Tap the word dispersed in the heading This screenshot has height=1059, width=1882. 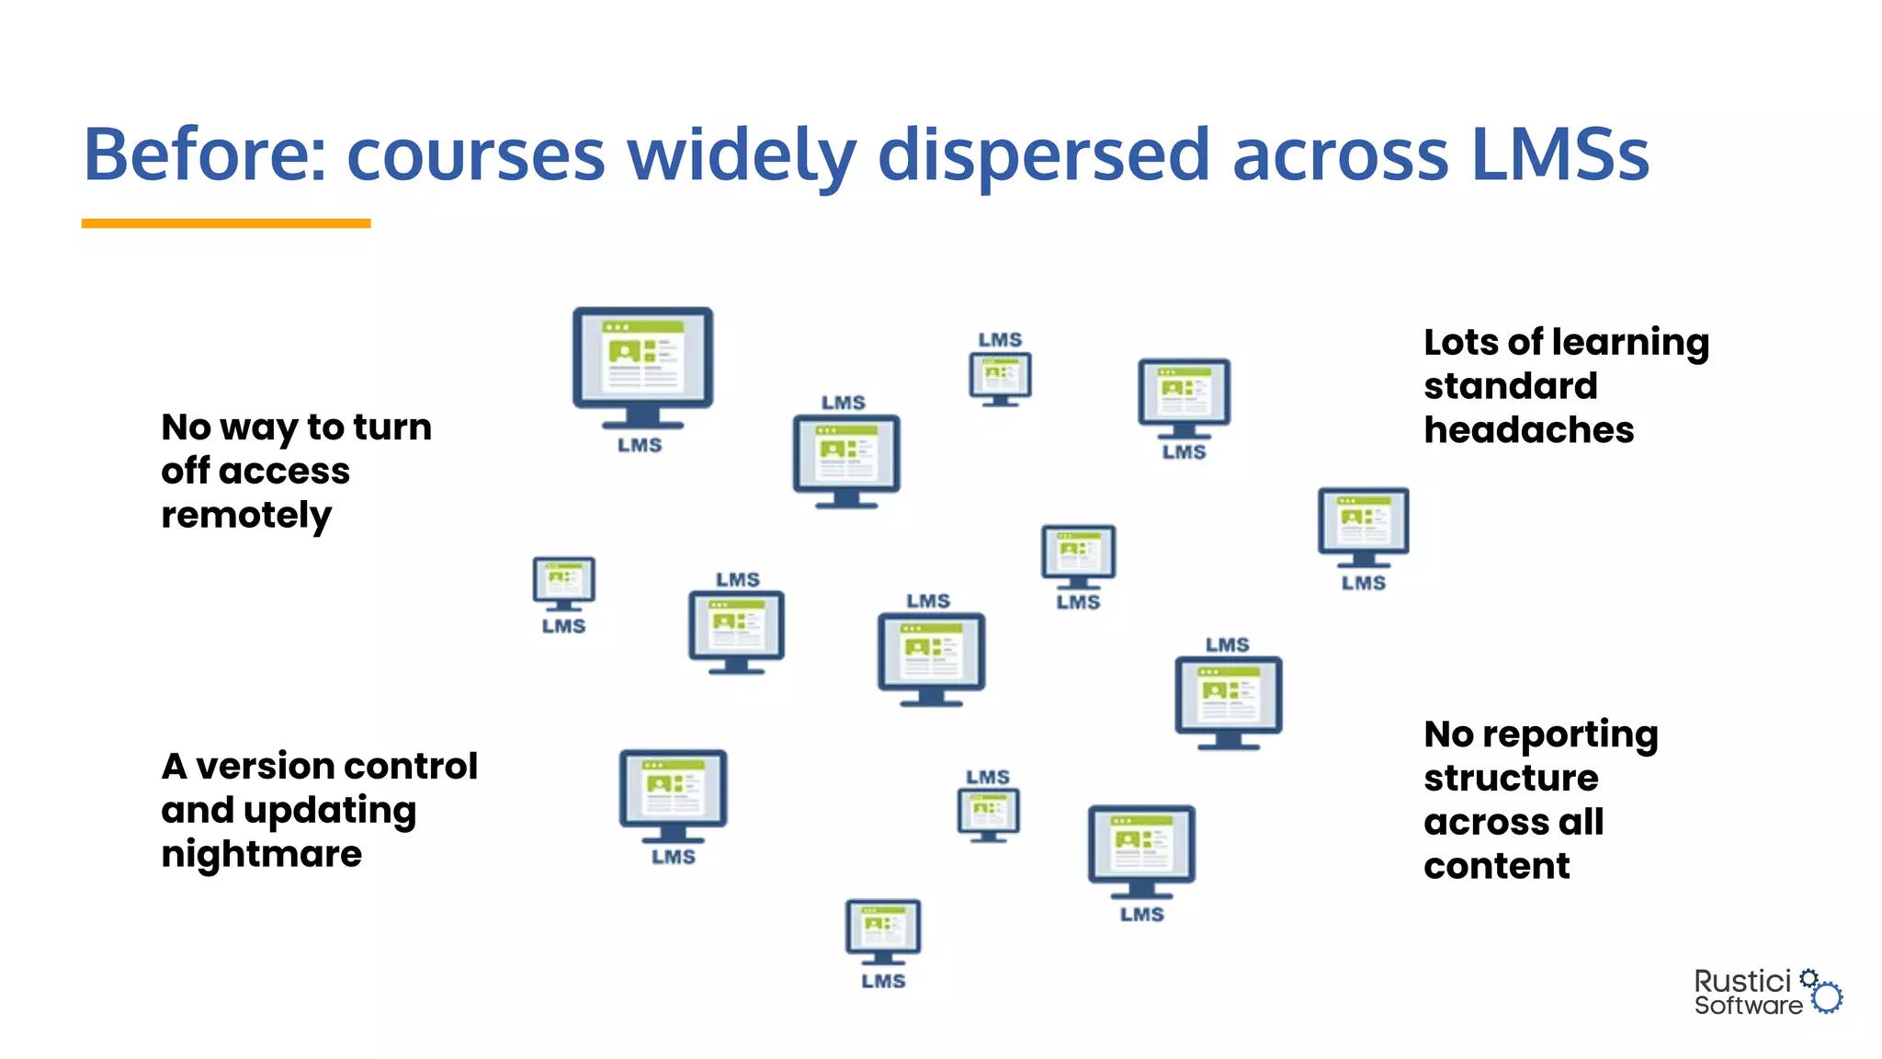click(1043, 154)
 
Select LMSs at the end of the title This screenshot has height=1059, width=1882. click(1559, 154)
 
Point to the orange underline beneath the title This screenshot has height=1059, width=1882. click(226, 223)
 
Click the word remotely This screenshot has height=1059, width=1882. click(246, 516)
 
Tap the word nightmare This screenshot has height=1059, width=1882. click(262, 854)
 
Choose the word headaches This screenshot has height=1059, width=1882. click(1528, 430)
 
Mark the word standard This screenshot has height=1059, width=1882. click(1510, 386)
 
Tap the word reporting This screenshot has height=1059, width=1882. click(1570, 734)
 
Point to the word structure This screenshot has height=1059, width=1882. click(1511, 778)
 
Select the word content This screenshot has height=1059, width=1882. click(1497, 866)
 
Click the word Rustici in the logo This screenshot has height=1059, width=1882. click(1742, 981)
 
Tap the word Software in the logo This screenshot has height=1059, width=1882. click(1748, 1006)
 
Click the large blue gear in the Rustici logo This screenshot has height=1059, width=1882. click(1828, 997)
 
